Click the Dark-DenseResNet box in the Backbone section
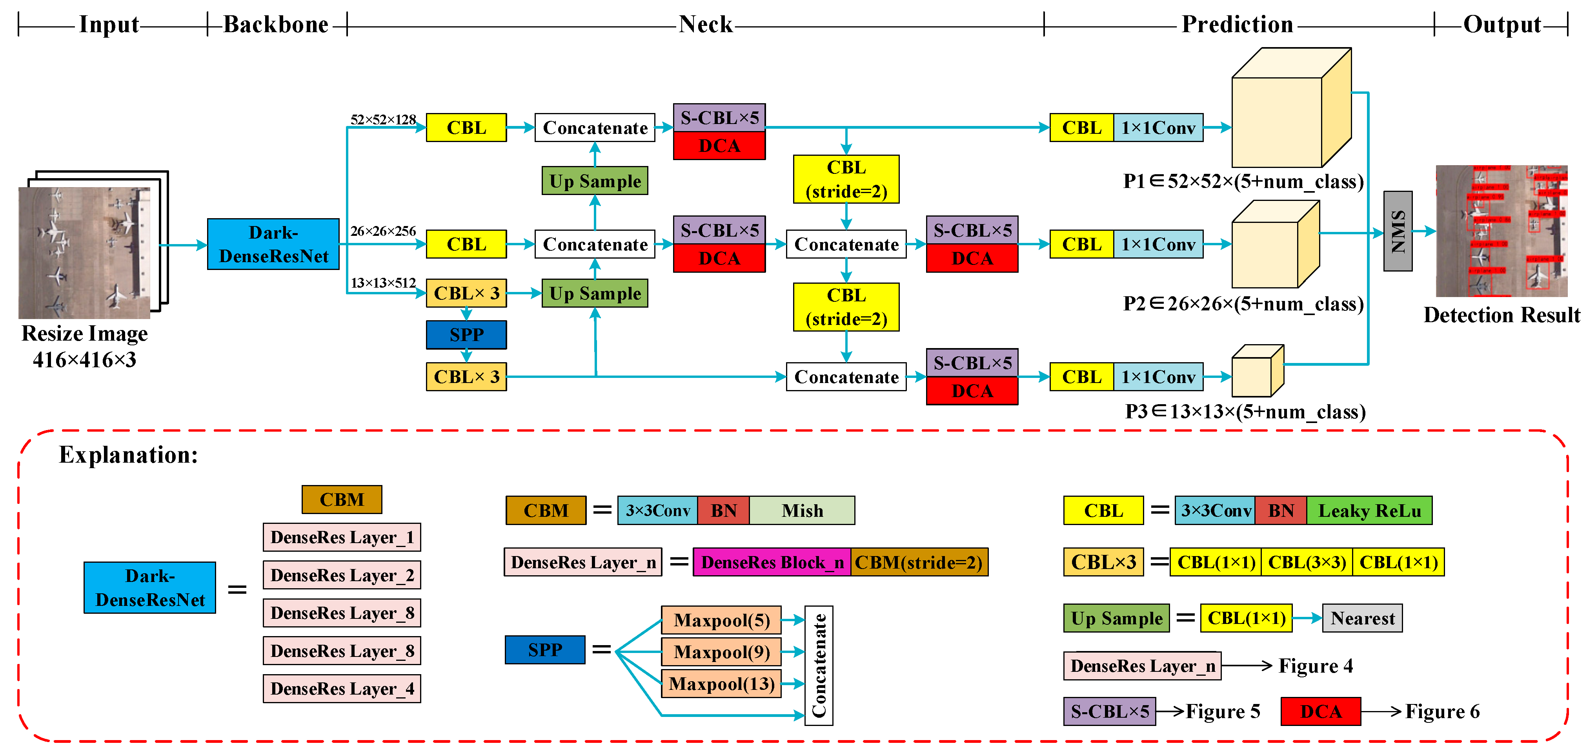point(273,244)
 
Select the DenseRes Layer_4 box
point(342,688)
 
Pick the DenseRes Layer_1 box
point(342,537)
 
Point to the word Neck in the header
point(705,25)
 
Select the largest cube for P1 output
point(1288,111)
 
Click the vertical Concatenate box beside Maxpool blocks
point(819,665)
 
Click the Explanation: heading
point(128,455)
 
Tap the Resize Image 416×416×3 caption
point(84,346)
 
